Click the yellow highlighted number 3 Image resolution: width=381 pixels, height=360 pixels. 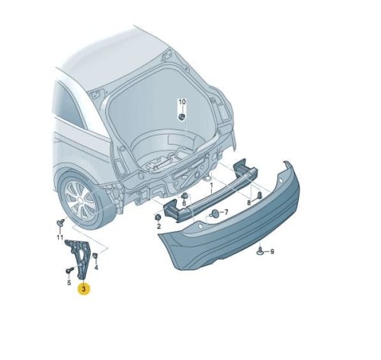[84, 288]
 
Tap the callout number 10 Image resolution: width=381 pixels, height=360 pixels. [182, 102]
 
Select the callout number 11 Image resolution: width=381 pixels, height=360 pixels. [59, 237]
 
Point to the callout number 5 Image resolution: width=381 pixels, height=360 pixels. [69, 282]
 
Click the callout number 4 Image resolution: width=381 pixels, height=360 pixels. [96, 267]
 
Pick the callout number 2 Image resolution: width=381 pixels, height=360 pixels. [158, 226]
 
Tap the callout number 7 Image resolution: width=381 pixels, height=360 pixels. [226, 212]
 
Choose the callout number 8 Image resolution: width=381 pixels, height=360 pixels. [249, 202]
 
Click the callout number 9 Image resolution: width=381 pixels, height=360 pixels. [272, 252]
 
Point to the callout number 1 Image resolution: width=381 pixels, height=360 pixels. [211, 186]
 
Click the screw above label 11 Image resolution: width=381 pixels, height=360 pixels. [60, 223]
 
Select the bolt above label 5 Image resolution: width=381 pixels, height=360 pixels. [69, 270]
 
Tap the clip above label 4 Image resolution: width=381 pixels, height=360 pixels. [95, 255]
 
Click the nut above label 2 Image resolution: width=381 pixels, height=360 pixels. [158, 218]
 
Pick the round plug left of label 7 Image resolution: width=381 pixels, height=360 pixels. [215, 214]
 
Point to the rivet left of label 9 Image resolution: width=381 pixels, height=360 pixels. [261, 251]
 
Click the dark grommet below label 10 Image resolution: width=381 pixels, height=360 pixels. [182, 117]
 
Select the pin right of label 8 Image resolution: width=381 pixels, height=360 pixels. [260, 196]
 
